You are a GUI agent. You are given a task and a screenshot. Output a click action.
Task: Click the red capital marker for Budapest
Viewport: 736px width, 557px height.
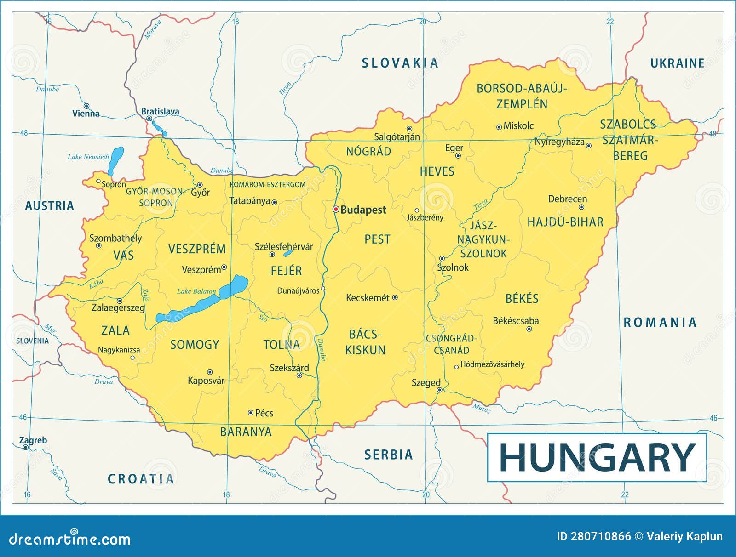tap(336, 209)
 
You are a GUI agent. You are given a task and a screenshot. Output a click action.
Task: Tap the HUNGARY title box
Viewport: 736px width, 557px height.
tap(597, 457)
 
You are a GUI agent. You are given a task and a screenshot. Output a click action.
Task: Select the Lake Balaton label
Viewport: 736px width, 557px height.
tap(196, 291)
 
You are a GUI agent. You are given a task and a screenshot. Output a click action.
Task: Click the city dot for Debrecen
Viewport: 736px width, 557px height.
tap(581, 207)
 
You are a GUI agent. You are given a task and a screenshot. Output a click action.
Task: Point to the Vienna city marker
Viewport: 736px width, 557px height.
tap(86, 106)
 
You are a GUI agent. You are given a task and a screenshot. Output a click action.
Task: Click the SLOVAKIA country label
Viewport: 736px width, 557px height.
tap(400, 63)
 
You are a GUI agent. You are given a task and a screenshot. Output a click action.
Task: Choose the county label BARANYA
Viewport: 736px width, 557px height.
tap(246, 432)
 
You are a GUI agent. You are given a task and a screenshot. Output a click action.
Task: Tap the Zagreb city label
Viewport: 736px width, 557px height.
tap(33, 440)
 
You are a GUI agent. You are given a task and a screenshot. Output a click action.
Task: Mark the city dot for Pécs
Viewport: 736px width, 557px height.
tap(251, 413)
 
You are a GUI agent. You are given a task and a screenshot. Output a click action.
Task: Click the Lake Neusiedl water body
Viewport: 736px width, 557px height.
tap(116, 160)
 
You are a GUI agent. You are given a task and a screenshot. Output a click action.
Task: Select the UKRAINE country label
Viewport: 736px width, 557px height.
tap(677, 63)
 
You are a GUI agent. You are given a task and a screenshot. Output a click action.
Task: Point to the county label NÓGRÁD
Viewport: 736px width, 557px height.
tap(368, 152)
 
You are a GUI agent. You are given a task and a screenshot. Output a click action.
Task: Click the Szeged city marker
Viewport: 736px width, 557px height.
tap(439, 390)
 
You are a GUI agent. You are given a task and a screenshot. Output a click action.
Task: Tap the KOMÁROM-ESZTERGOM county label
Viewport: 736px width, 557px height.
tap(267, 185)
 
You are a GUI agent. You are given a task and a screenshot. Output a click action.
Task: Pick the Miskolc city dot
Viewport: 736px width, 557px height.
tap(499, 127)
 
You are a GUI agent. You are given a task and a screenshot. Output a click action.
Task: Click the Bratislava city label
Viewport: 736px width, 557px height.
tap(160, 111)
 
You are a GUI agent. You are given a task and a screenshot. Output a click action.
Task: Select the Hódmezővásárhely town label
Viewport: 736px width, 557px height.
tap(492, 364)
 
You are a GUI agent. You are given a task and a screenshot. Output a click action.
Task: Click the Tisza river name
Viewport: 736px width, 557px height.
tap(481, 204)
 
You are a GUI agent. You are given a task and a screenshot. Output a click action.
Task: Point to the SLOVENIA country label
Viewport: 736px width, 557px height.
tap(32, 341)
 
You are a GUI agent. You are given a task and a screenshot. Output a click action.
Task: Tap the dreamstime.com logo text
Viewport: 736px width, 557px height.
tap(70, 539)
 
